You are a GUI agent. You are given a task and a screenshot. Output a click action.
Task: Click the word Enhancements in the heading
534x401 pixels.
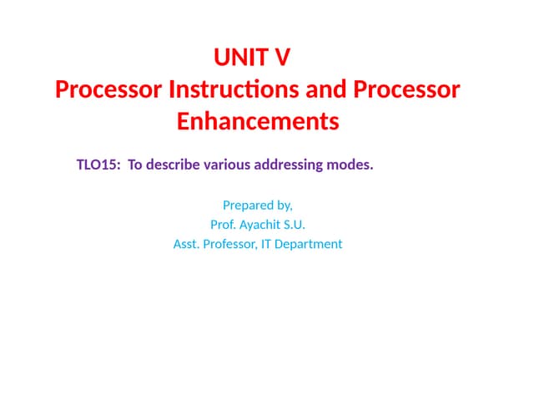(x=258, y=121)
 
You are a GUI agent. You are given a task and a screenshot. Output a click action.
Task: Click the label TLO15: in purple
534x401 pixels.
(x=98, y=165)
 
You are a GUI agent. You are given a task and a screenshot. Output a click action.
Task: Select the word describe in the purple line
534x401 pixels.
(x=173, y=165)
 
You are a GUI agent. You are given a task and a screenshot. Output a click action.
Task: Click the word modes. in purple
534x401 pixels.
(x=350, y=165)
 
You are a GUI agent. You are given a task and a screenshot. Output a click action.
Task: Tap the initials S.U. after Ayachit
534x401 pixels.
(x=295, y=224)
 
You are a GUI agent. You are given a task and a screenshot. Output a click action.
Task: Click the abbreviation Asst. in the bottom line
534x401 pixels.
(x=187, y=244)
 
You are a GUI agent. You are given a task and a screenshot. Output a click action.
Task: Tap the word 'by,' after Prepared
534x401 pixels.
(x=284, y=204)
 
